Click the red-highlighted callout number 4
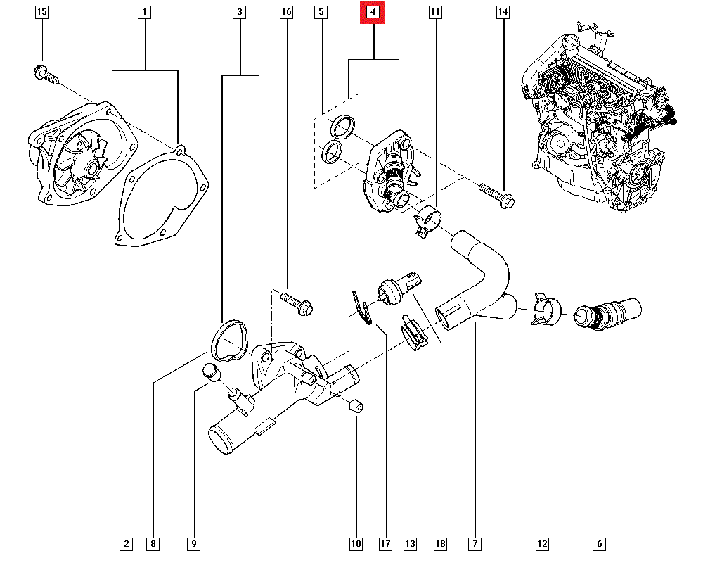(373, 12)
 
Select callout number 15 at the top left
(42, 12)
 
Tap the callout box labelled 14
(503, 12)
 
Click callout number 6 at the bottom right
(599, 543)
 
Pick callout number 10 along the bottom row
(356, 543)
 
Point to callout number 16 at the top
(285, 12)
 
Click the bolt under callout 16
(296, 302)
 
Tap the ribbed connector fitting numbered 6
(607, 314)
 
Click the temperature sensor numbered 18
(397, 287)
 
